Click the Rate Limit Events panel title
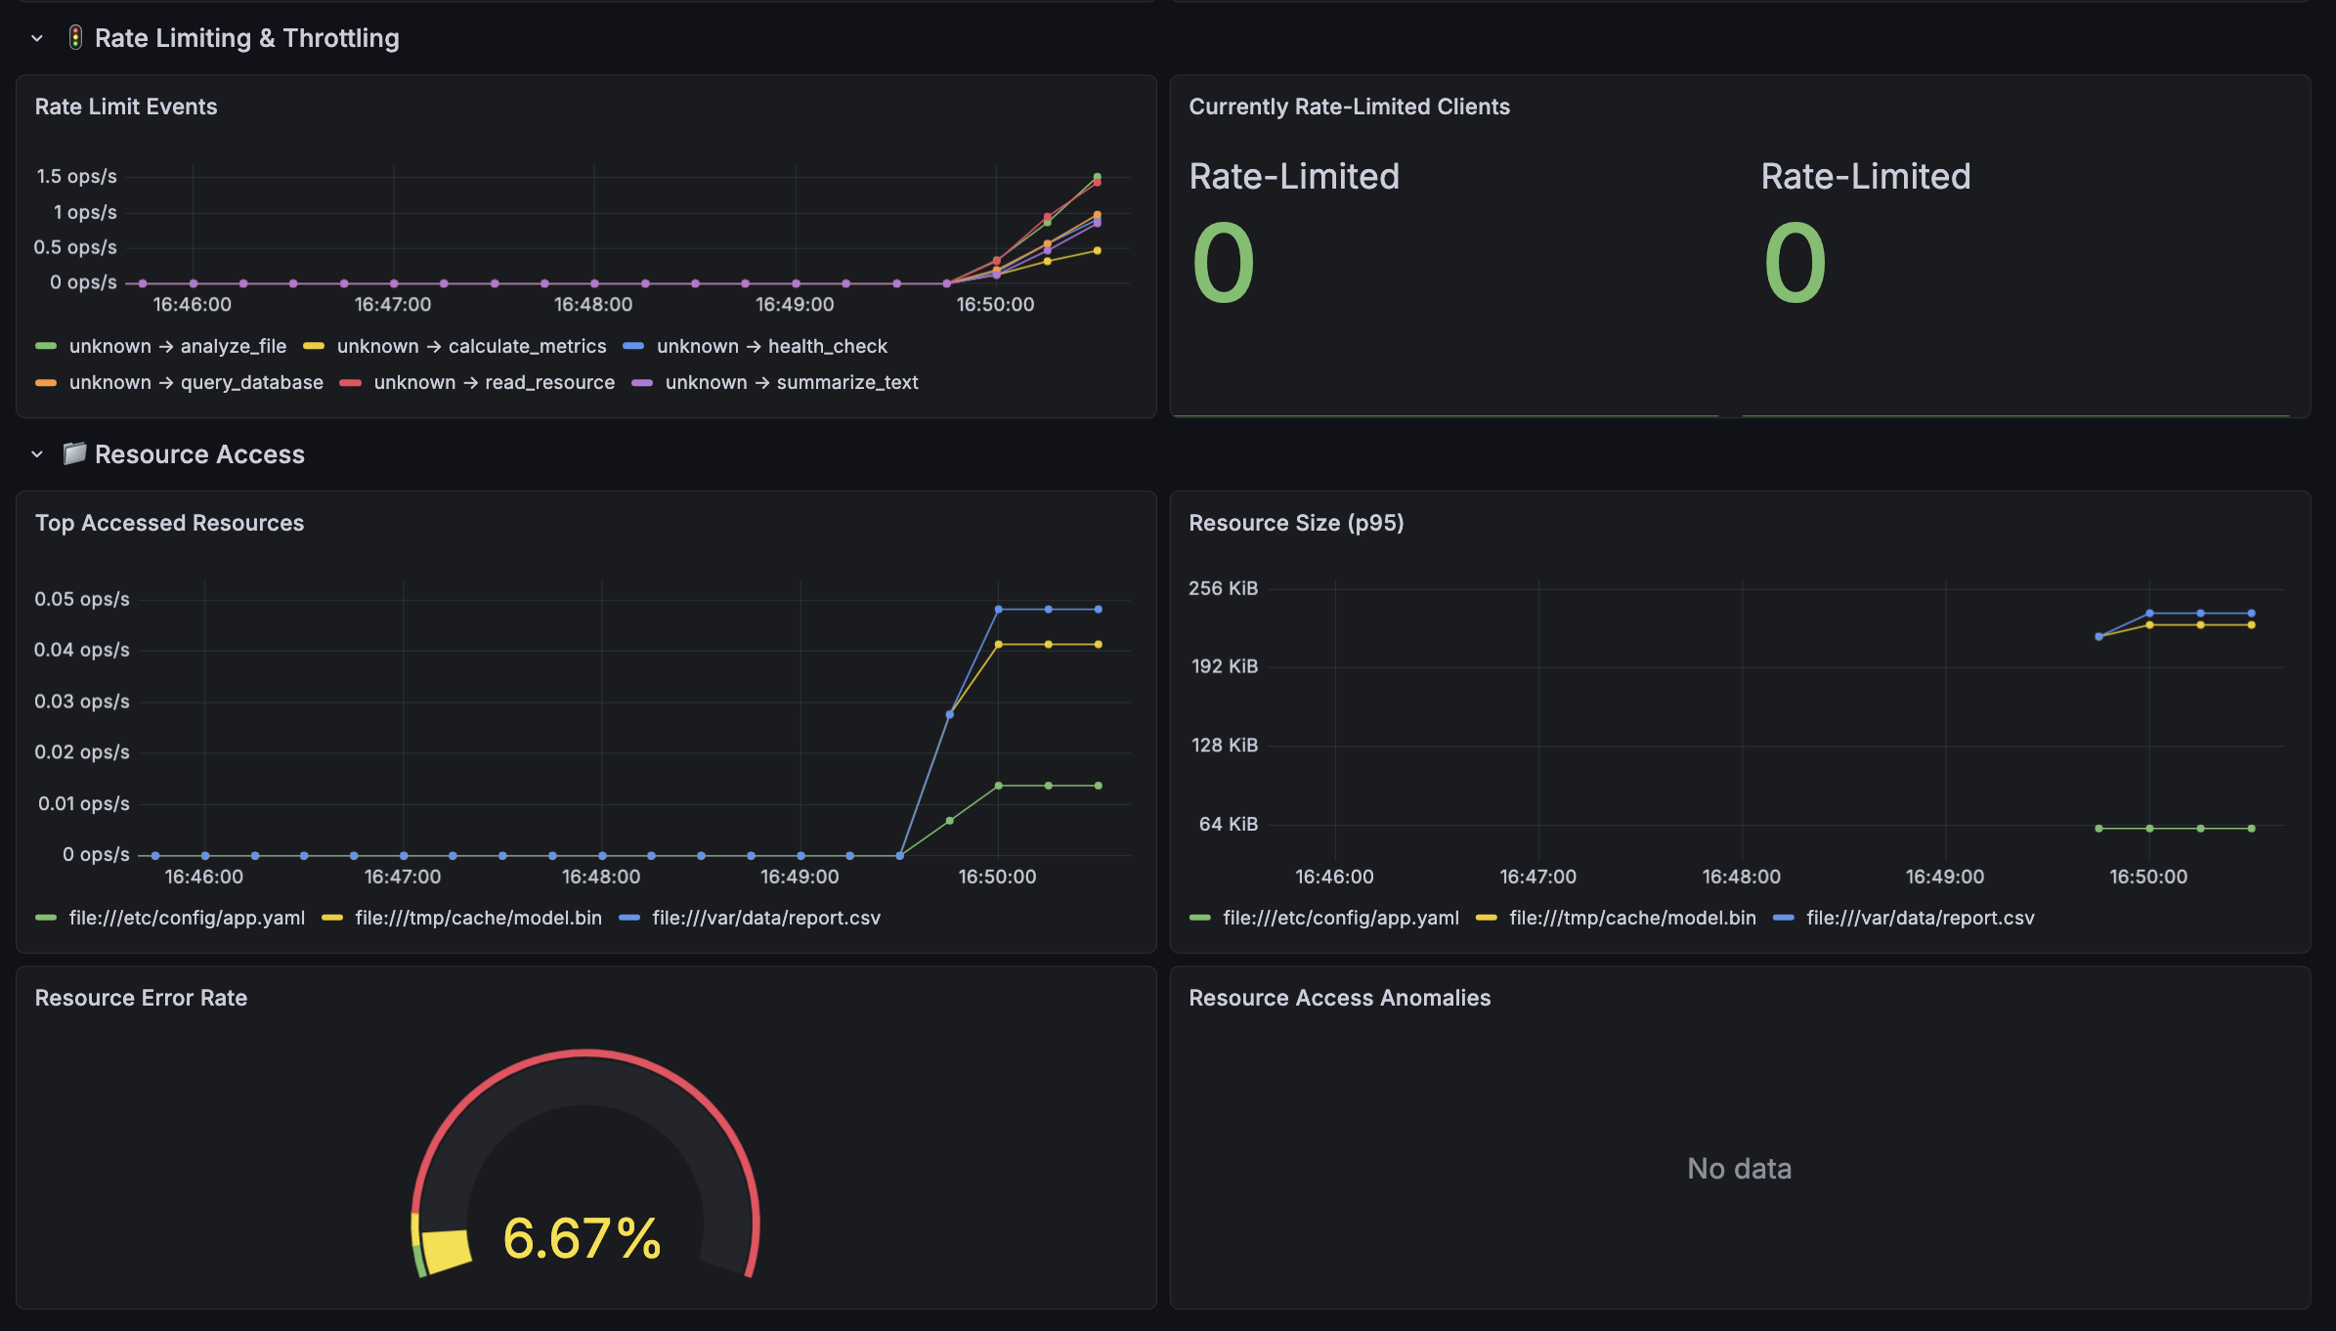[x=126, y=107]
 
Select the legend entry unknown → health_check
[x=771, y=346]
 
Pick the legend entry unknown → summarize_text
[x=792, y=382]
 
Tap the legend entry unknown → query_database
[x=195, y=382]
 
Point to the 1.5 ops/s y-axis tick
[x=76, y=176]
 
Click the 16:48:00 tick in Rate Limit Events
[x=593, y=304]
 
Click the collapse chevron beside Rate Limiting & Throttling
[x=37, y=38]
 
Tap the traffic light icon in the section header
[x=75, y=37]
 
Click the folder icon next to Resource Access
[x=74, y=453]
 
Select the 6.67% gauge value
[x=583, y=1238]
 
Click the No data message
[x=1740, y=1168]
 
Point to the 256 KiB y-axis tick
[x=1223, y=588]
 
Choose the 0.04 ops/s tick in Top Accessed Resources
[x=82, y=650]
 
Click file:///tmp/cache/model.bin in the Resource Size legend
[x=1632, y=918]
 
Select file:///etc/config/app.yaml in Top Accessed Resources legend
[x=187, y=918]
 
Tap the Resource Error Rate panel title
[x=141, y=998]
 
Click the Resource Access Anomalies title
[x=1339, y=998]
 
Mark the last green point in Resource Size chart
[x=2251, y=829]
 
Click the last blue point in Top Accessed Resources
[x=1099, y=609]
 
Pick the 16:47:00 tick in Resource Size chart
[x=1537, y=877]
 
